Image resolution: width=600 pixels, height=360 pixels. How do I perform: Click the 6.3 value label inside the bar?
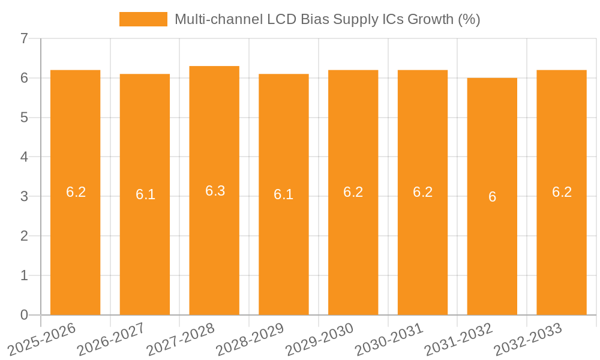pos(215,191)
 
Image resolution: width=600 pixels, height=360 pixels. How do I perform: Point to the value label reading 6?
pos(492,197)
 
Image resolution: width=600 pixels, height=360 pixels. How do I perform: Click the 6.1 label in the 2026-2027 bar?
pos(145,194)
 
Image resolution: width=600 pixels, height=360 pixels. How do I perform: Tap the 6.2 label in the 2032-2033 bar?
pos(562,192)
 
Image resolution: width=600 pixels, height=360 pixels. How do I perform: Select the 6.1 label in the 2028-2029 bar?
pos(283,194)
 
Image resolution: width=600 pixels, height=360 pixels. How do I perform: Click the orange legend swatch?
pos(143,19)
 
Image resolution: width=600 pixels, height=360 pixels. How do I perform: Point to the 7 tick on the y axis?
pos(24,38)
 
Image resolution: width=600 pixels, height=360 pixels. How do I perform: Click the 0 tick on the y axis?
pos(24,315)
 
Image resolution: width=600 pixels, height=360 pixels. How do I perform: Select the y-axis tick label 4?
pos(24,157)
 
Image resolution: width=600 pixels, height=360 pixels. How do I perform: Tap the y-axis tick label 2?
pos(24,236)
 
